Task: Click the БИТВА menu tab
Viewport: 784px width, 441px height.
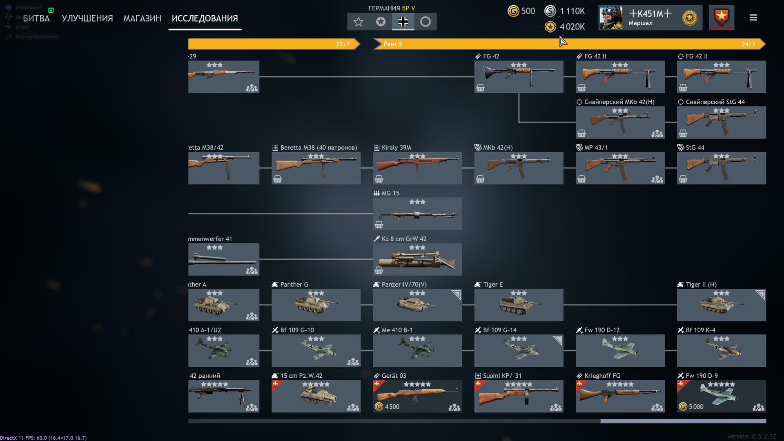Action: [x=36, y=18]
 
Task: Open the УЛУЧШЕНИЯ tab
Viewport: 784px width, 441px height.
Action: [x=87, y=18]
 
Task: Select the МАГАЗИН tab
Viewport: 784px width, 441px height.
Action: [x=142, y=18]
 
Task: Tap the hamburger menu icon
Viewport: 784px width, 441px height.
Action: [x=753, y=18]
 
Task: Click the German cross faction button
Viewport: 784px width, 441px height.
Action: [x=403, y=22]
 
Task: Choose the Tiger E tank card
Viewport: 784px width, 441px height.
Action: [x=519, y=305]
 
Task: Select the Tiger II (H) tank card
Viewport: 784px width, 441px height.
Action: [x=721, y=305]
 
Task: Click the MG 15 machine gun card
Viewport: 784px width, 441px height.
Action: [x=417, y=214]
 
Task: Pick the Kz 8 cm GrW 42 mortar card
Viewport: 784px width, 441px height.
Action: [x=417, y=259]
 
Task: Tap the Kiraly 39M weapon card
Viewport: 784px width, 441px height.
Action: [x=417, y=168]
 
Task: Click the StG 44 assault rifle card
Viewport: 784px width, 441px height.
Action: [x=721, y=168]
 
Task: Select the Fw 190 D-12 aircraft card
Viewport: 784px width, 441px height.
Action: [x=620, y=350]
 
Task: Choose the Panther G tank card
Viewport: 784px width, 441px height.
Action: [x=316, y=305]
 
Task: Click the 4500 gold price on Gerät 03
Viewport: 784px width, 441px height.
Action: [x=388, y=407]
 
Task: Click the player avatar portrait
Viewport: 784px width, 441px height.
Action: [x=610, y=18]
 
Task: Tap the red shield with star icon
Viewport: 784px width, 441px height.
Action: [x=722, y=18]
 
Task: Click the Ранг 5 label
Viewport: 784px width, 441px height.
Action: [x=392, y=44]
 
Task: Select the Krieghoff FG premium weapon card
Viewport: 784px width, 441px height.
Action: [x=620, y=396]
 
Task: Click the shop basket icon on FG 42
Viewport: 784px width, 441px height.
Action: [x=480, y=88]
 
